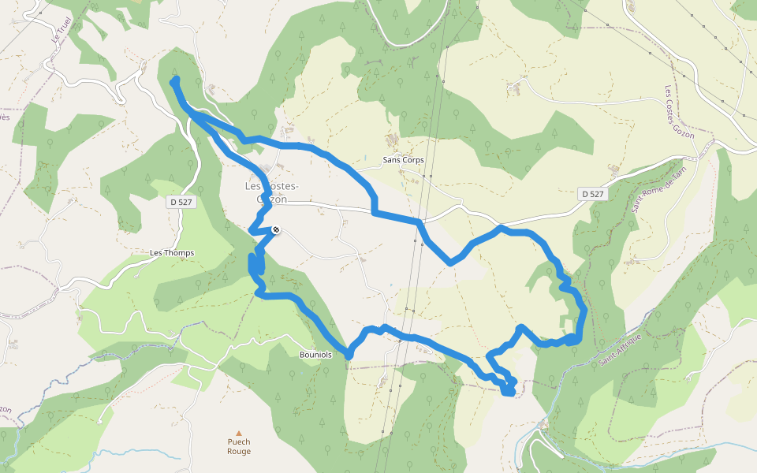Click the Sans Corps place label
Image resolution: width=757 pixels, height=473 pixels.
[403, 160]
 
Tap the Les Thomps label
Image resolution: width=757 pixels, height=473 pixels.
[172, 253]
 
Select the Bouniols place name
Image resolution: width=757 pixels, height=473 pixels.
[315, 355]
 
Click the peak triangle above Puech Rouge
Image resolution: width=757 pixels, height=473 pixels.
[238, 433]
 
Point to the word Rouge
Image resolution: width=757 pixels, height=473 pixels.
[239, 452]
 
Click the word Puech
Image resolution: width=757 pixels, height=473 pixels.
[239, 442]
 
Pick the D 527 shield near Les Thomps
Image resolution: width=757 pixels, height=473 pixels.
[181, 203]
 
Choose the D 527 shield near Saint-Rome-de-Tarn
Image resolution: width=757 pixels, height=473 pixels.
[591, 194]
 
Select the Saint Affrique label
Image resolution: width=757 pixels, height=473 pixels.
[621, 348]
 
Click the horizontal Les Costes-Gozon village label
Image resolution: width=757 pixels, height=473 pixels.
[271, 193]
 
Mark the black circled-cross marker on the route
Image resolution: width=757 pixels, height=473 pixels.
[275, 230]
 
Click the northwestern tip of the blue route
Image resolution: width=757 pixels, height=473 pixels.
[174, 80]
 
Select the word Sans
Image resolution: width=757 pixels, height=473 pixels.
[391, 160]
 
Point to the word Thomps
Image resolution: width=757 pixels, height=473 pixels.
[180, 253]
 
